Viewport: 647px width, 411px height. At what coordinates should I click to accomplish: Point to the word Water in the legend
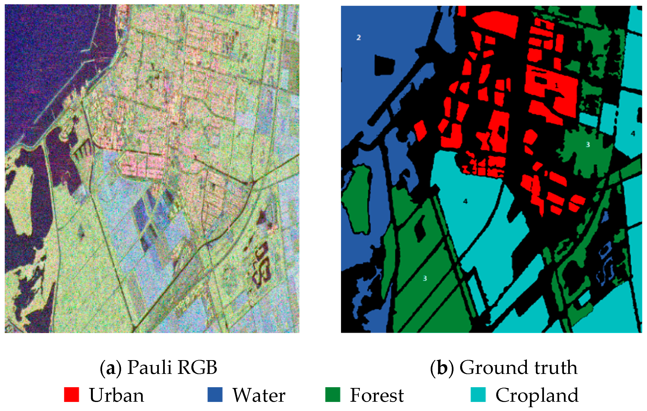[259, 395]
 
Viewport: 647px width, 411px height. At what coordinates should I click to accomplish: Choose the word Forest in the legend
[377, 395]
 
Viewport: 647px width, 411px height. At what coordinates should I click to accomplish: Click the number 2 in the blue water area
[359, 37]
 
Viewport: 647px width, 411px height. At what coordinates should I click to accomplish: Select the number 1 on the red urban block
[557, 86]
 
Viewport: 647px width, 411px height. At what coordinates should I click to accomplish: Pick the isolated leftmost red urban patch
[420, 131]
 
